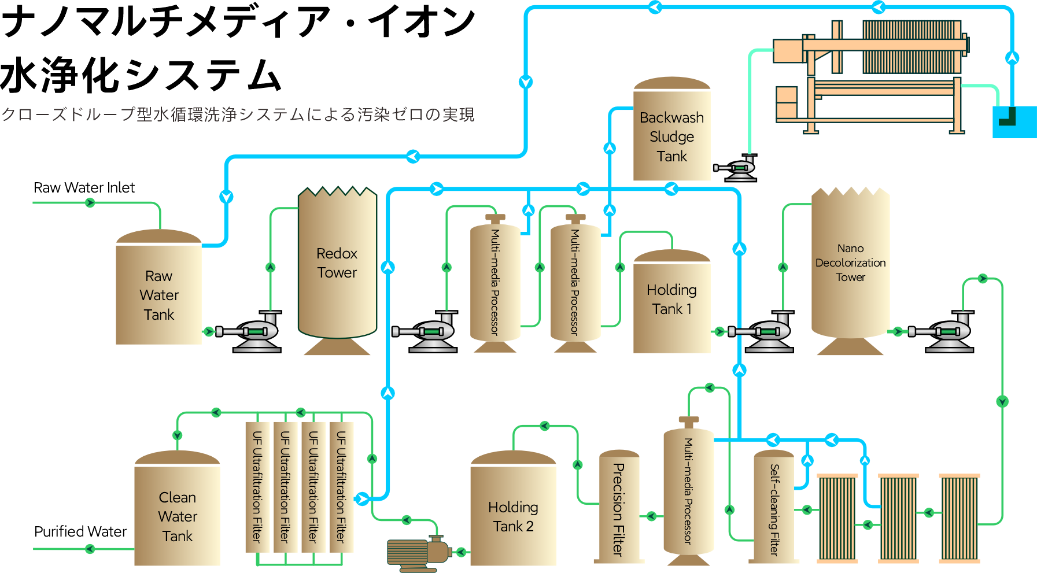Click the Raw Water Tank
[x=158, y=295]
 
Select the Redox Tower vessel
[x=337, y=263]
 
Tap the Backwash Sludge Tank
[x=671, y=136]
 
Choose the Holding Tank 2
[x=513, y=516]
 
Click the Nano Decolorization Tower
[x=850, y=263]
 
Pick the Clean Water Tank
[x=177, y=516]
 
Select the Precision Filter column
[x=618, y=509]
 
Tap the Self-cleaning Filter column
[x=774, y=509]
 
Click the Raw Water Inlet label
[x=84, y=188]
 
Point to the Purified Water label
[x=80, y=531]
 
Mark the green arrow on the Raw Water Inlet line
[x=90, y=202]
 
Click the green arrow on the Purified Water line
[x=90, y=549]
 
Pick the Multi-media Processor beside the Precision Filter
[x=688, y=491]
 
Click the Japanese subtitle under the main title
[x=238, y=114]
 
